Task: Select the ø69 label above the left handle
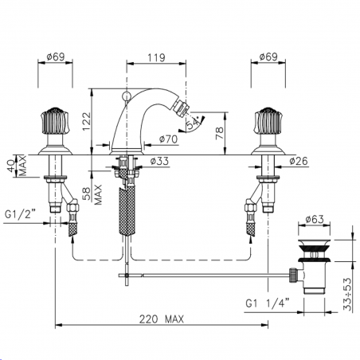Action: click(55, 57)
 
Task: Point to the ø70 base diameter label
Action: click(168, 140)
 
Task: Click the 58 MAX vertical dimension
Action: click(96, 193)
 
